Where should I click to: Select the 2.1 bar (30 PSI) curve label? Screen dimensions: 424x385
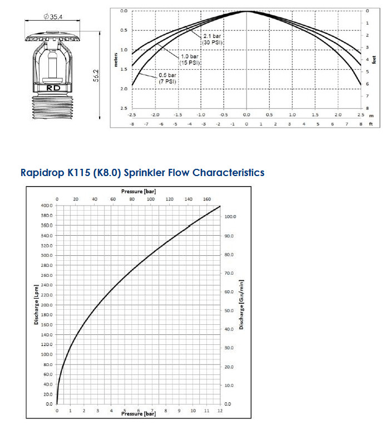[x=212, y=40]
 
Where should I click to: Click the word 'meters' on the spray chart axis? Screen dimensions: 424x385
[x=116, y=59]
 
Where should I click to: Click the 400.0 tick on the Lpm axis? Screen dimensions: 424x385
[x=46, y=206]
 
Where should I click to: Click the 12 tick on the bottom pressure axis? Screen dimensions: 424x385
[x=220, y=411]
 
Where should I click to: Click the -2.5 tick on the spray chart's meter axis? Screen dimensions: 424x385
[x=132, y=114]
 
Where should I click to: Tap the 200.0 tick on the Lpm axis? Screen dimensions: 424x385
[x=46, y=305]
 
